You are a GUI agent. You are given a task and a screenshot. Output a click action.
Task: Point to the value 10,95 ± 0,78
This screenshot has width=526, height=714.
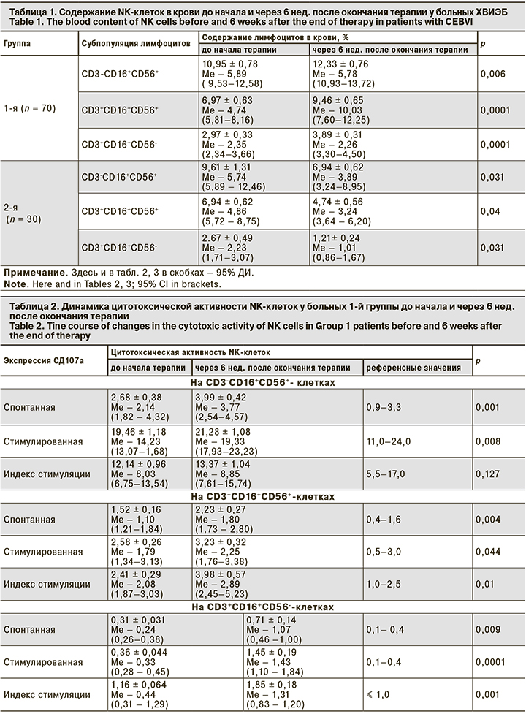point(229,64)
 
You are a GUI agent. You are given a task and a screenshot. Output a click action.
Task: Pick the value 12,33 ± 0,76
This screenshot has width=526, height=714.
point(340,64)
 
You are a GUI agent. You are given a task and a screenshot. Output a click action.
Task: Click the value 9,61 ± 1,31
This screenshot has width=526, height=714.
point(229,167)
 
